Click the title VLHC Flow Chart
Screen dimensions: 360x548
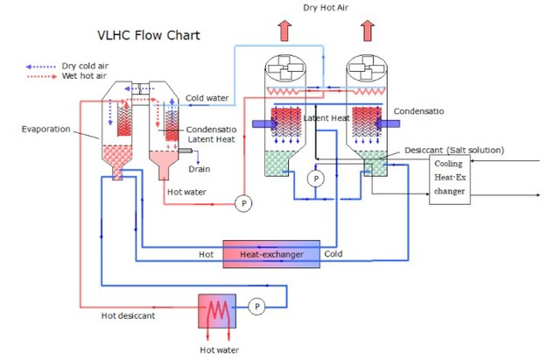(148, 36)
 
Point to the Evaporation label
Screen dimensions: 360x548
(46, 129)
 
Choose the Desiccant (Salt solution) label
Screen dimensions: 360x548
(454, 150)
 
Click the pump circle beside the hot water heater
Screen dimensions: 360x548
(256, 307)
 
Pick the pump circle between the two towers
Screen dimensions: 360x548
(317, 178)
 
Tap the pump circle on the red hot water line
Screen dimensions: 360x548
(242, 204)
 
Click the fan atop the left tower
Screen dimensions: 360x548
(287, 70)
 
